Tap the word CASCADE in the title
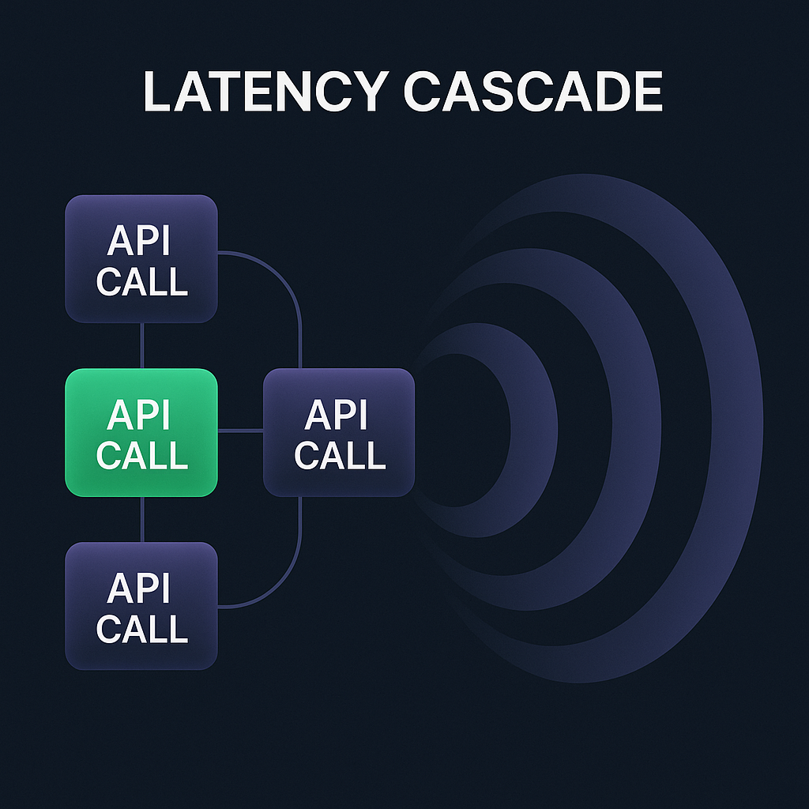[532, 92]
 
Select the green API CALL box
[141, 432]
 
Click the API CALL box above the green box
[141, 259]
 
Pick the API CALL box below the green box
[141, 606]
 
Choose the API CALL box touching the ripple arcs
[338, 432]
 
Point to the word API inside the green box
[138, 415]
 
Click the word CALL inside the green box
[142, 455]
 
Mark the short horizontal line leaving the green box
[240, 431]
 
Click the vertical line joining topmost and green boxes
[142, 345]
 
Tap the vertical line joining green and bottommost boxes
[142, 519]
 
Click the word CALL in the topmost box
[142, 281]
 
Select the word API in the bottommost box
[138, 589]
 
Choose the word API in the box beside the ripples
[336, 415]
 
